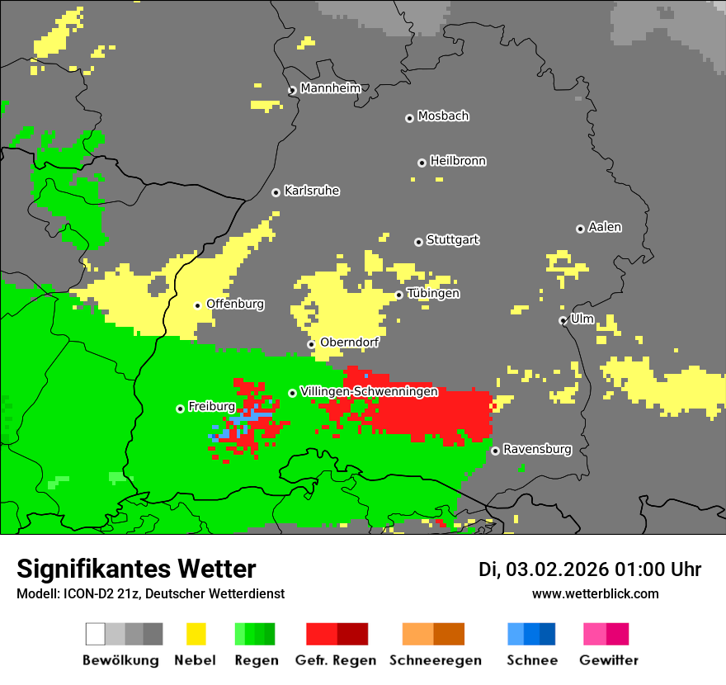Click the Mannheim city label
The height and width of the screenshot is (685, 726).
coord(330,88)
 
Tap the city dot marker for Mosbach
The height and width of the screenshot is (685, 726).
coord(409,118)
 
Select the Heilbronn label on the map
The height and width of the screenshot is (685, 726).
coord(458,161)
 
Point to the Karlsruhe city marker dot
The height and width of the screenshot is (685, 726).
coord(276,192)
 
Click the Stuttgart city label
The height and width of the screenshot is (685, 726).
coord(453,240)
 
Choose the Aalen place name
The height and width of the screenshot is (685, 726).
coord(605,227)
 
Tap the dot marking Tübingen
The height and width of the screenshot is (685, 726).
coord(398,295)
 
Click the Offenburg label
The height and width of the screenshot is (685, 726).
coord(235,304)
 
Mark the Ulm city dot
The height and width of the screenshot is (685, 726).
coord(563,320)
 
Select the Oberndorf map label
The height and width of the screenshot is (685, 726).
coord(350,342)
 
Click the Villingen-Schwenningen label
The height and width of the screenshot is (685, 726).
coord(369,392)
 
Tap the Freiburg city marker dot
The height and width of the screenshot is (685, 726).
coord(180,409)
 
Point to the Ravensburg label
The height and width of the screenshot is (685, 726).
coord(537,450)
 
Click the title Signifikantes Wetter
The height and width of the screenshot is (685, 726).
coord(136,569)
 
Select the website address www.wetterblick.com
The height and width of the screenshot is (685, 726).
coord(595,593)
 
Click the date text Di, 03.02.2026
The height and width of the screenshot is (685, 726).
coord(543,569)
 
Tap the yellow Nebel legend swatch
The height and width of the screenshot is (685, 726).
coord(196,634)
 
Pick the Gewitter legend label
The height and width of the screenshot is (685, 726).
coord(609,660)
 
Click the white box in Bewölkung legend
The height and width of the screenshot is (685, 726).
coord(96,634)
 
